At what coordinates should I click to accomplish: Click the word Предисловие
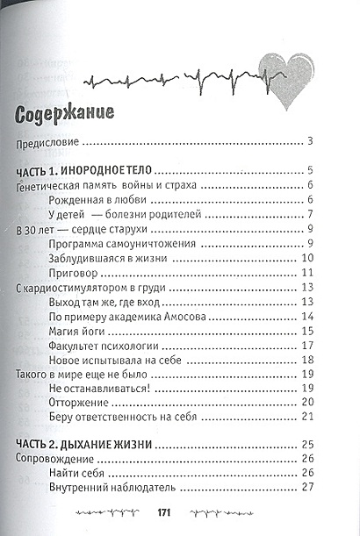49,142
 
